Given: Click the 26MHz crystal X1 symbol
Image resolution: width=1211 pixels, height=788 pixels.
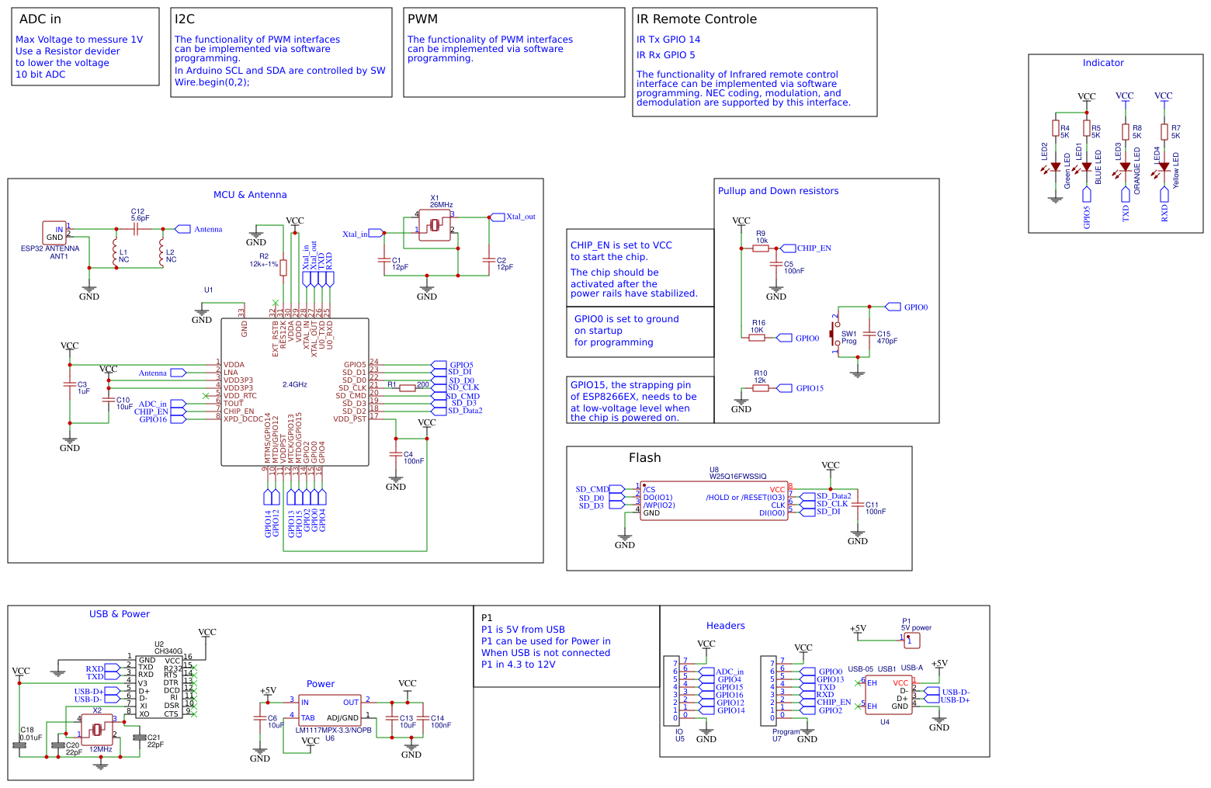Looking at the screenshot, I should (x=435, y=225).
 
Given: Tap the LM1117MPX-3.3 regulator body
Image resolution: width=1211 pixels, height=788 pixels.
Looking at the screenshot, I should (x=330, y=710).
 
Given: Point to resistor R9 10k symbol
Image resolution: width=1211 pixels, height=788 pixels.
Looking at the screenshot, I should (x=761, y=248).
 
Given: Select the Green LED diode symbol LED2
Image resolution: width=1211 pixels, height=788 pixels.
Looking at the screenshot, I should (x=1055, y=167).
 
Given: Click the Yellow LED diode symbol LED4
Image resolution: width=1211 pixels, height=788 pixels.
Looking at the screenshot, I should (x=1164, y=167).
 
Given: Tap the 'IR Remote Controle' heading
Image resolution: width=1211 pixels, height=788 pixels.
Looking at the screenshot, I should (x=696, y=19).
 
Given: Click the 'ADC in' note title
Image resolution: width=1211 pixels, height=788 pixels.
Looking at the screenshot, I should (x=40, y=19).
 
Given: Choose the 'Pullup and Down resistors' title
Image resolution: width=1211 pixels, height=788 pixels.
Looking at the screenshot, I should (x=778, y=191).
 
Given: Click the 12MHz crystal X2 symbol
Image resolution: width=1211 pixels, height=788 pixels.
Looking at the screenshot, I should (x=97, y=729).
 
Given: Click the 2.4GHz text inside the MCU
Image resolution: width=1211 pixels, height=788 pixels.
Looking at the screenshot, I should (x=295, y=384).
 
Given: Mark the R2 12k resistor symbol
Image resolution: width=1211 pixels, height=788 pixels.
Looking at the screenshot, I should (x=283, y=268).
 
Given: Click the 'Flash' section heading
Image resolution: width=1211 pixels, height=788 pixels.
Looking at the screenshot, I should (x=644, y=458).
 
